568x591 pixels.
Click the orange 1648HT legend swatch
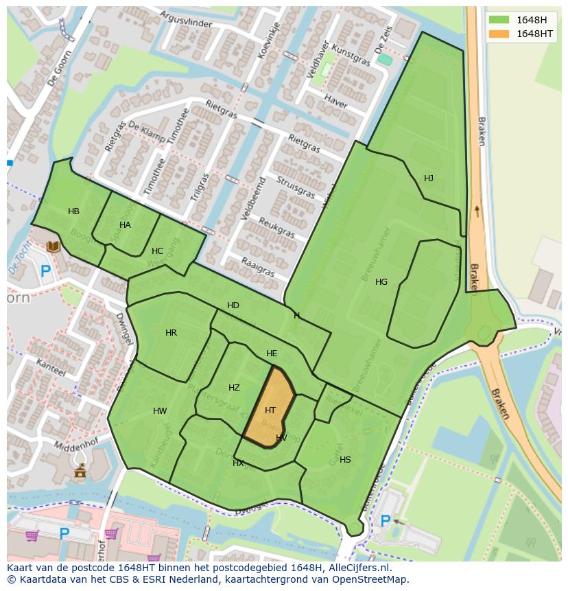(499, 34)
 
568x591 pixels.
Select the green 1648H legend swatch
(499, 20)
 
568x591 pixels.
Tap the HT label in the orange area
(270, 410)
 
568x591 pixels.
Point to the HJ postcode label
(429, 178)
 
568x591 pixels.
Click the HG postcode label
(381, 282)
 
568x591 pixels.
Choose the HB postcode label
(73, 211)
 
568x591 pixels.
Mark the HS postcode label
(345, 460)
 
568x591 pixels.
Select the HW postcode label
(160, 412)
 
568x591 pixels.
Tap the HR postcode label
(171, 333)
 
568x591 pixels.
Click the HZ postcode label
(234, 388)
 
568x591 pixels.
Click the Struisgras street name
(296, 187)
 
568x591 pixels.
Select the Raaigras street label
(259, 267)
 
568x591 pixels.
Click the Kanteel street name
(51, 366)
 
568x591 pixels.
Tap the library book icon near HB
(53, 246)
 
